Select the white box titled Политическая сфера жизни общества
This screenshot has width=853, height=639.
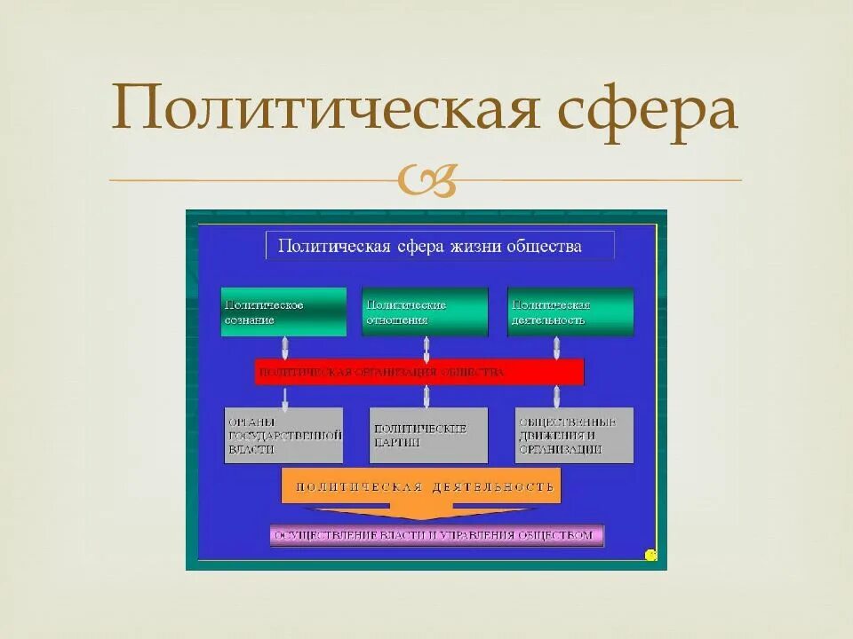(440, 246)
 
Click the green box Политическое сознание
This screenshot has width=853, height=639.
(283, 312)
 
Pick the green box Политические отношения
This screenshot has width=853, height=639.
(425, 312)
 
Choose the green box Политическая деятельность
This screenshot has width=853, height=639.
(570, 312)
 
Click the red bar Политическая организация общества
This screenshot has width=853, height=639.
(419, 372)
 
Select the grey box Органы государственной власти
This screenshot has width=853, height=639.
(283, 435)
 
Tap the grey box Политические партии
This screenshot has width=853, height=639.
(428, 435)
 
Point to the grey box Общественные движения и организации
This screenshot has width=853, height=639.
(574, 435)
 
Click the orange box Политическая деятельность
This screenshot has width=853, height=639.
(421, 486)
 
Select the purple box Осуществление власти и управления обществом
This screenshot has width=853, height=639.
(437, 535)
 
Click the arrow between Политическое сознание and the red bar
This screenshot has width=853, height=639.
(284, 347)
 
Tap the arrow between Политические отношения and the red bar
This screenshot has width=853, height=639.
(426, 347)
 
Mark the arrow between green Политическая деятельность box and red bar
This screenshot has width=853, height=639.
(557, 347)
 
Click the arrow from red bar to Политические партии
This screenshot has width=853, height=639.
(426, 396)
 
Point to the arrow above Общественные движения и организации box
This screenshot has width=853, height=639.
(557, 396)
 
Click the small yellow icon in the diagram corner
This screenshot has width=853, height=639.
(650, 556)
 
